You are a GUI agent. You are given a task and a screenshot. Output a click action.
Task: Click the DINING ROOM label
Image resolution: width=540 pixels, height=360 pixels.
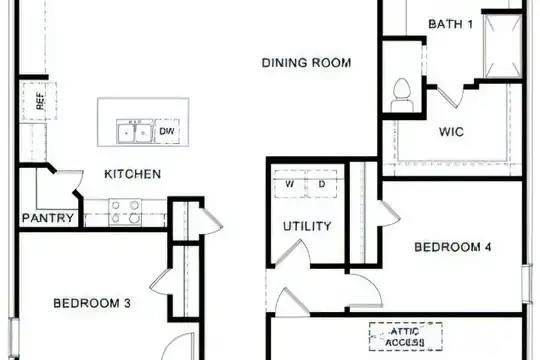pyautogui.click(x=306, y=63)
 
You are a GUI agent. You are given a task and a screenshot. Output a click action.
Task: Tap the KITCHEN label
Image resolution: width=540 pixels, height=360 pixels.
pyautogui.click(x=133, y=174)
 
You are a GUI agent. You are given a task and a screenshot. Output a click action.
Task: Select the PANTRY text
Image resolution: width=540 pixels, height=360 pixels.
pyautogui.click(x=48, y=218)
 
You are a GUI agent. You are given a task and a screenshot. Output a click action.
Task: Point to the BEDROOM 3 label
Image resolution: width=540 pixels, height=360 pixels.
pyautogui.click(x=92, y=303)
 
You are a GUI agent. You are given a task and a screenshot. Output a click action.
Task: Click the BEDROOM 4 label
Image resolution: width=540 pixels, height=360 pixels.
pyautogui.click(x=453, y=247)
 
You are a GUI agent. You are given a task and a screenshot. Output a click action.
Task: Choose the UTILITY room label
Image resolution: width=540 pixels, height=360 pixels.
pyautogui.click(x=307, y=226)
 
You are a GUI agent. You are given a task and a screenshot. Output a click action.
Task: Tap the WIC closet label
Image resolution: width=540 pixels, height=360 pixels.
pyautogui.click(x=451, y=132)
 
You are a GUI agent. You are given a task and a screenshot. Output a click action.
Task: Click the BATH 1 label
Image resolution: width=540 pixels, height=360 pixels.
pyautogui.click(x=450, y=24)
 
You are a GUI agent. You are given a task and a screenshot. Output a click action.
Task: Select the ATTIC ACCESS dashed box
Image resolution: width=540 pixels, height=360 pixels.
pyautogui.click(x=406, y=337)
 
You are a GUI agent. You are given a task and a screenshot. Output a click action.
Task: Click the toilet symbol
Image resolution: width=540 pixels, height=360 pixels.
pyautogui.click(x=402, y=95)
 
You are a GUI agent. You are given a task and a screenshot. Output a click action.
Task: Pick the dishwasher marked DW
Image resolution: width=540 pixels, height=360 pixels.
pyautogui.click(x=167, y=131)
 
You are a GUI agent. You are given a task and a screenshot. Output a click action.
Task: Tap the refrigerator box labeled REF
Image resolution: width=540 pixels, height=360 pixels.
pyautogui.click(x=39, y=101)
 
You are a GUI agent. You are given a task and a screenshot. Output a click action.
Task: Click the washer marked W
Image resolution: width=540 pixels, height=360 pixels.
pyautogui.click(x=290, y=184)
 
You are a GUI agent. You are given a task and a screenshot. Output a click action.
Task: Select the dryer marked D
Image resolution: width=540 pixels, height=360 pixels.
pyautogui.click(x=322, y=184)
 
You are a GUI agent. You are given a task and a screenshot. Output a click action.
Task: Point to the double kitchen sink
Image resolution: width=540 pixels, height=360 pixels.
pyautogui.click(x=134, y=131)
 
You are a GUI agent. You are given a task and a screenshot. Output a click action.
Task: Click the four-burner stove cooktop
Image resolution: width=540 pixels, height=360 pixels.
pyautogui.click(x=125, y=213)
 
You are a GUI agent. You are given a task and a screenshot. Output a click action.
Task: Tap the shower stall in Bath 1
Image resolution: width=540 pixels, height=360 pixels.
pyautogui.click(x=503, y=46)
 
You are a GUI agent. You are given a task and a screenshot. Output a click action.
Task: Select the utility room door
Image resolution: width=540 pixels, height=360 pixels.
pyautogui.click(x=292, y=253)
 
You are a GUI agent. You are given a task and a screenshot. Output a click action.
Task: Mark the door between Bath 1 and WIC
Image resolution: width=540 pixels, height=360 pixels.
pyautogui.click(x=450, y=96)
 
